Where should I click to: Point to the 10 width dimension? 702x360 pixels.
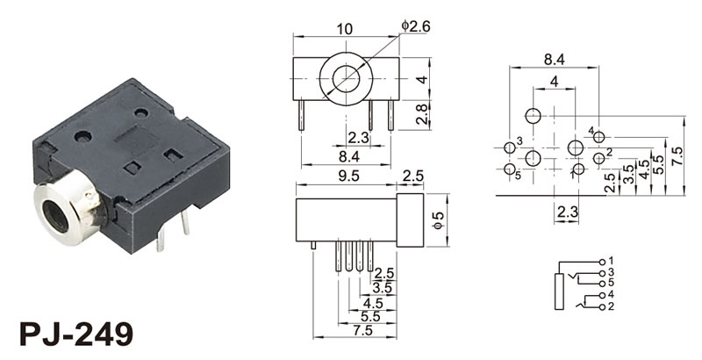click(x=347, y=28)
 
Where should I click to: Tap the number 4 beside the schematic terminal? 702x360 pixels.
click(x=611, y=295)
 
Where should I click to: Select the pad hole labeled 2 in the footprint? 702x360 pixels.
click(x=598, y=157)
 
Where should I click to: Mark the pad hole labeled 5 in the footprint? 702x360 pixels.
click(x=511, y=169)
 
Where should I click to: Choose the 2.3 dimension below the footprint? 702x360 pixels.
click(x=567, y=212)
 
